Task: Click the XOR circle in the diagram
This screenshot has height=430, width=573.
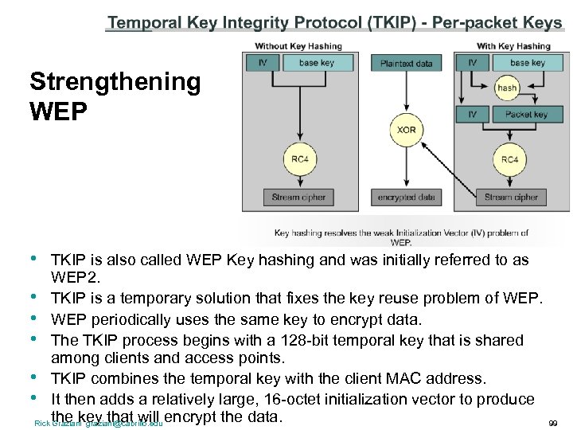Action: (406, 129)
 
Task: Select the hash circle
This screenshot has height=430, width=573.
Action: (507, 88)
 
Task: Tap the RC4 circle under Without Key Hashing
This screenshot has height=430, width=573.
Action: (299, 159)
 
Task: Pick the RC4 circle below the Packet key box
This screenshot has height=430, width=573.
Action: (510, 159)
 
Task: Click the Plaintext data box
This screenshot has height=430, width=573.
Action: (406, 63)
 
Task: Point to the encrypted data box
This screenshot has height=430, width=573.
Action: (406, 197)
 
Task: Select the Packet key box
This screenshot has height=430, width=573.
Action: (526, 115)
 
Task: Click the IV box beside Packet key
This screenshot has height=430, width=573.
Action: (473, 115)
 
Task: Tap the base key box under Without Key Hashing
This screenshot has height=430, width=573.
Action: (316, 62)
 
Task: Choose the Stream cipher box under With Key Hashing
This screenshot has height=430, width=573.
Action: (509, 197)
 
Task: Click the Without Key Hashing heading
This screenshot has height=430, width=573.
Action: (298, 46)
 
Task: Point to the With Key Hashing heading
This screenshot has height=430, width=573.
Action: (513, 46)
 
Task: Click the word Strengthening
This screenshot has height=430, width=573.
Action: (115, 81)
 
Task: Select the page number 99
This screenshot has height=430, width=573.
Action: (554, 422)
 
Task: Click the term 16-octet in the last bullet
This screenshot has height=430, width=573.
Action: (290, 399)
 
